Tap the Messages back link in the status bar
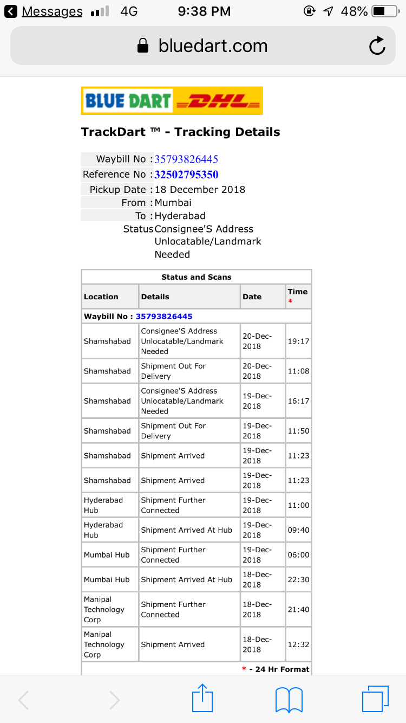(x=52, y=11)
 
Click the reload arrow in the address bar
(x=377, y=46)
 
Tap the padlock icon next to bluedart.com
(x=143, y=46)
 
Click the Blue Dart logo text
(x=128, y=101)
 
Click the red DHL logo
(x=218, y=101)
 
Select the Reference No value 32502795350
(x=186, y=175)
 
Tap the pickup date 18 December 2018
(x=200, y=190)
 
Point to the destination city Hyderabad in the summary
(x=180, y=216)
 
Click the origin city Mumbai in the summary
(x=173, y=203)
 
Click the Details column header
(x=155, y=297)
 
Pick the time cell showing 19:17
(x=298, y=341)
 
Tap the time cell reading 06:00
(x=298, y=555)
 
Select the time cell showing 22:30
(x=298, y=579)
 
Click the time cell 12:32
(x=298, y=644)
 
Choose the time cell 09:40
(x=298, y=530)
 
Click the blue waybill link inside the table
(x=164, y=317)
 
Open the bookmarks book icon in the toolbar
(x=289, y=699)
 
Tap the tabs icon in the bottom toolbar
(x=375, y=699)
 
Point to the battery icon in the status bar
(x=385, y=11)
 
